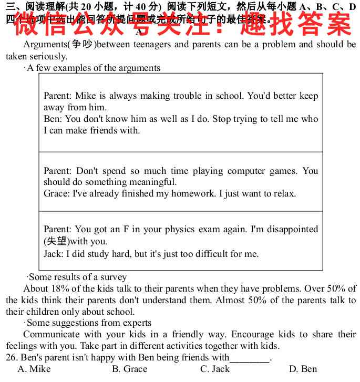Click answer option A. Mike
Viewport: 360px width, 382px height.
pyautogui.click(x=34, y=369)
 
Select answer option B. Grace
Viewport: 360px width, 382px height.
pyautogui.click(x=129, y=369)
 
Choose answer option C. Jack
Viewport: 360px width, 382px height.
pyautogui.click(x=215, y=369)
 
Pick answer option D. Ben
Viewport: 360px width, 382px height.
pyautogui.click(x=303, y=369)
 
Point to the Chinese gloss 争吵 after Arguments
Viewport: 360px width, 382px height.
pyautogui.click(x=83, y=44)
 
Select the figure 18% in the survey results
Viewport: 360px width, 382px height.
pyautogui.click(x=60, y=288)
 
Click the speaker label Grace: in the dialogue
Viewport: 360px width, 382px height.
pyautogui.click(x=56, y=193)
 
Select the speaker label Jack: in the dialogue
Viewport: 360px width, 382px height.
pyautogui.click(x=53, y=254)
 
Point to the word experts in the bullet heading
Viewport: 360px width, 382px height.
pyautogui.click(x=136, y=323)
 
